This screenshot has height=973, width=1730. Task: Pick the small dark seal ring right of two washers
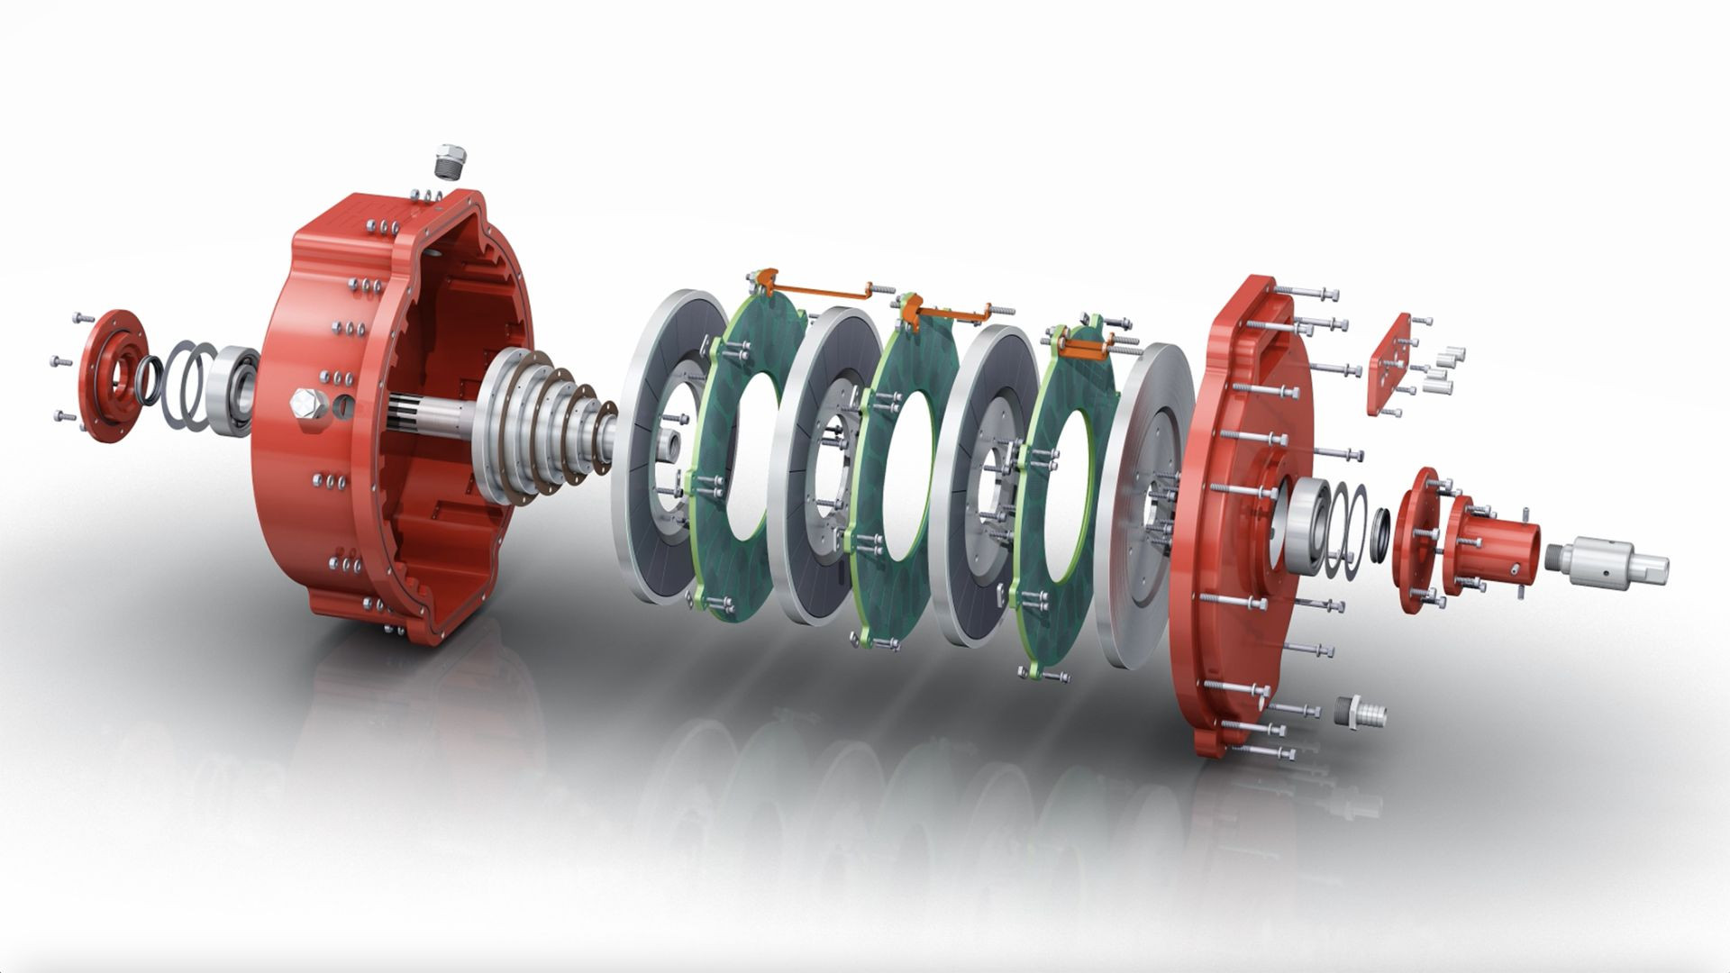[1380, 537]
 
